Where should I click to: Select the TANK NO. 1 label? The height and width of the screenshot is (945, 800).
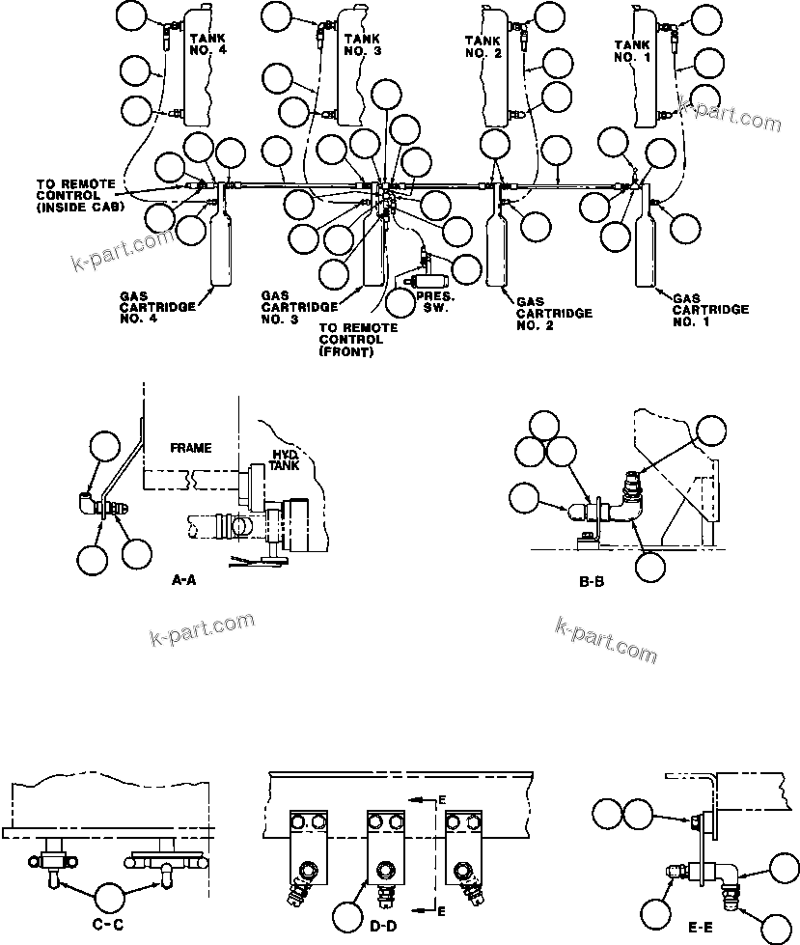[633, 49]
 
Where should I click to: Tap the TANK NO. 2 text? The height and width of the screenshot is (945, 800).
[482, 46]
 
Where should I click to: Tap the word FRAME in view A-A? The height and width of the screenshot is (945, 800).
[190, 448]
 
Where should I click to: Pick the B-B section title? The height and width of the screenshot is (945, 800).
[591, 583]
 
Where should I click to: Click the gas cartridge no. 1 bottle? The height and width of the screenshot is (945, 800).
[645, 250]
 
